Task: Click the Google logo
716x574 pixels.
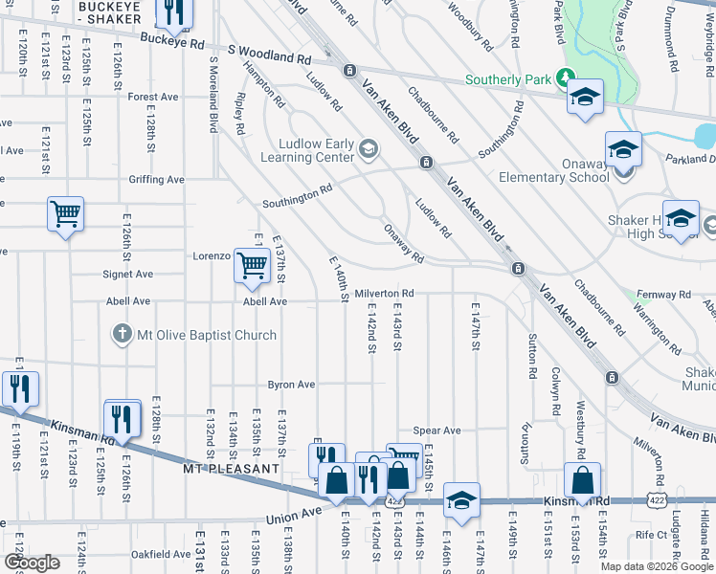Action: tap(32, 563)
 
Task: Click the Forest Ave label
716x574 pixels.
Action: tap(154, 97)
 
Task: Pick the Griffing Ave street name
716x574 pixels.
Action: tap(156, 179)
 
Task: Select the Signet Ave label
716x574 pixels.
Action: tap(128, 275)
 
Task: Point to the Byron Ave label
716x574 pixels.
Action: tap(291, 385)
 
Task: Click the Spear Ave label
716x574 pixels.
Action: tap(437, 430)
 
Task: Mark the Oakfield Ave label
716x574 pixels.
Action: tap(161, 554)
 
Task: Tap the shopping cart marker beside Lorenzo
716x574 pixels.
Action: tap(252, 264)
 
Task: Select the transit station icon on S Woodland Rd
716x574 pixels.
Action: tap(349, 70)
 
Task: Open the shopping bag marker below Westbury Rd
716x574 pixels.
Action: tap(581, 480)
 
